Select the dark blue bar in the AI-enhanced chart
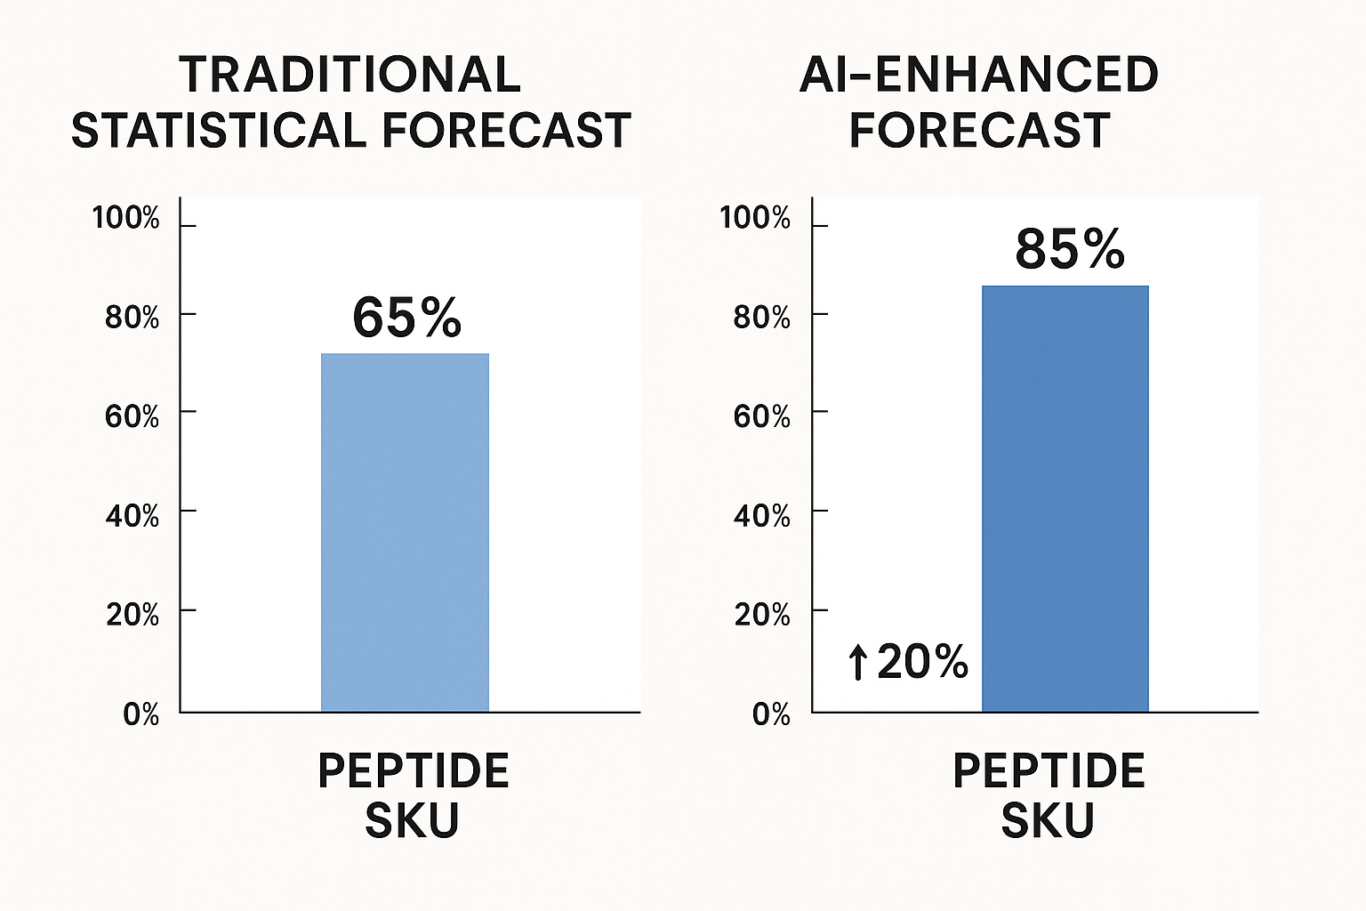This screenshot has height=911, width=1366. pyautogui.click(x=1065, y=498)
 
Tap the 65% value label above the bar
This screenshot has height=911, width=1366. pyautogui.click(x=407, y=318)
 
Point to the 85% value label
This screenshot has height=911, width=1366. pyautogui.click(x=1069, y=249)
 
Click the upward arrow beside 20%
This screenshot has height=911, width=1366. pyautogui.click(x=857, y=663)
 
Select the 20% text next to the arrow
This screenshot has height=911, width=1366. pyautogui.click(x=922, y=662)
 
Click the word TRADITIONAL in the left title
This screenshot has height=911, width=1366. pyautogui.click(x=350, y=75)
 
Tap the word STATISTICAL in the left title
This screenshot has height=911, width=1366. pyautogui.click(x=219, y=131)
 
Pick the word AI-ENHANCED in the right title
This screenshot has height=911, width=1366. pyautogui.click(x=978, y=75)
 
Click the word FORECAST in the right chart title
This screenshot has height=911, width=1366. pyautogui.click(x=979, y=131)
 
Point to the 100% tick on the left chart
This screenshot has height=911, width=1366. pyautogui.click(x=126, y=218)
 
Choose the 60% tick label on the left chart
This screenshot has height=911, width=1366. pyautogui.click(x=133, y=415)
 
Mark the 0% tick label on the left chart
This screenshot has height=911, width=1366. pyautogui.click(x=141, y=713)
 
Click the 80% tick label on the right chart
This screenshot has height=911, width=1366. pyautogui.click(x=761, y=317)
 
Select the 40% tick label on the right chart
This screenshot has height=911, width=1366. pyautogui.click(x=761, y=515)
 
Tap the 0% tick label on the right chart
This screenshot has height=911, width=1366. pyautogui.click(x=770, y=713)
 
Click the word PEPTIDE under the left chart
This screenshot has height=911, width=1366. pyautogui.click(x=413, y=770)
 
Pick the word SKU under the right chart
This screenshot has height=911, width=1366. pyautogui.click(x=1047, y=820)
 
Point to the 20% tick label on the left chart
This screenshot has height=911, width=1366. pyautogui.click(x=133, y=614)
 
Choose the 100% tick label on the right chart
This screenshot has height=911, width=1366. pyautogui.click(x=754, y=218)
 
